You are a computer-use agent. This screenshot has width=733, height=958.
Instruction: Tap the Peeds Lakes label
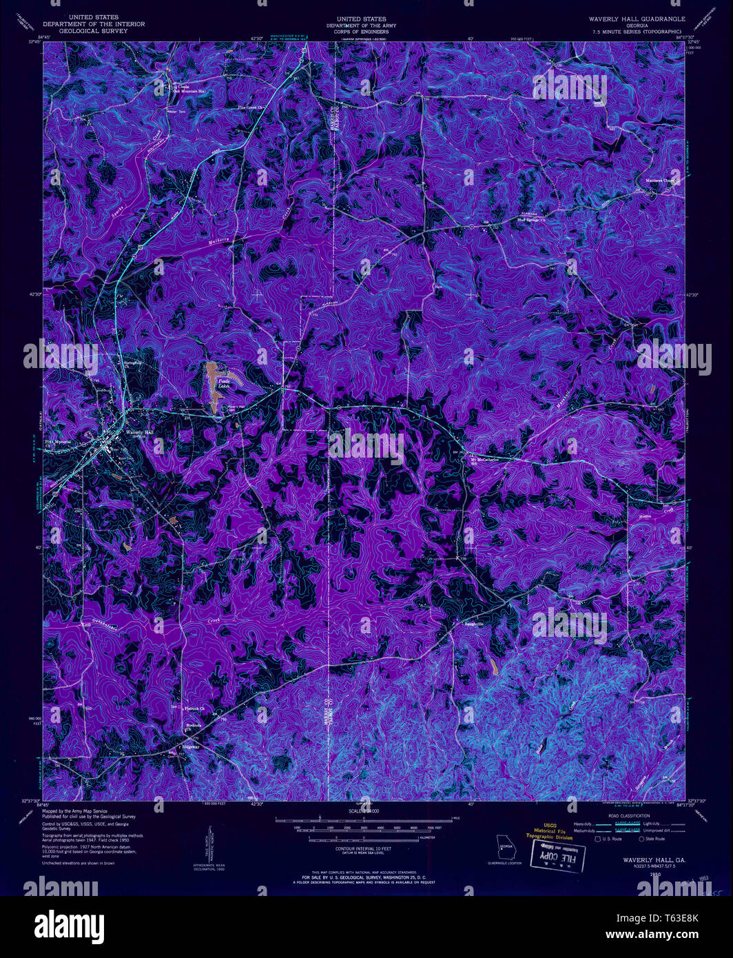click(224, 385)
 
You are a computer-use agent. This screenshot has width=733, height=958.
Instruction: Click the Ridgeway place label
click(190, 747)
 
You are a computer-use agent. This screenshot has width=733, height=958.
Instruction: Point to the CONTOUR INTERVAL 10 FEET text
click(365, 848)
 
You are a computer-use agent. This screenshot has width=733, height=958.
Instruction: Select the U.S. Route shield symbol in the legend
click(597, 839)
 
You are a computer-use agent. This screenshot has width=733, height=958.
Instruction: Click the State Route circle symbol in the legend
click(642, 839)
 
